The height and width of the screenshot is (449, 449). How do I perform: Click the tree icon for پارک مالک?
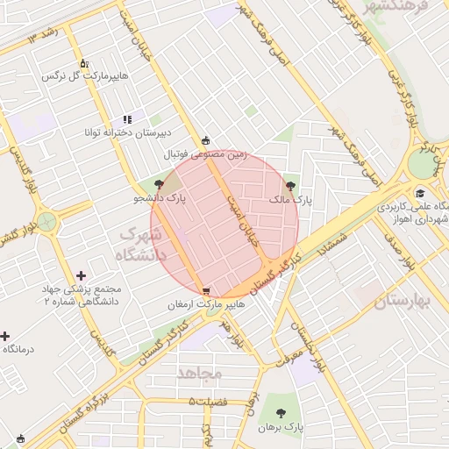pyautogui.click(x=291, y=186)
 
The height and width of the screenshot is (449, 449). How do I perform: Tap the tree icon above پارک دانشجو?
pyautogui.click(x=159, y=184)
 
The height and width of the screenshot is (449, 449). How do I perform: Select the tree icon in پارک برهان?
pyautogui.click(x=281, y=412)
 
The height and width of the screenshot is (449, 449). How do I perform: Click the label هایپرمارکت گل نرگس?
pyautogui.click(x=86, y=76)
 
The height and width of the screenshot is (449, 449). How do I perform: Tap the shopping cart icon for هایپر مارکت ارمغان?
pyautogui.click(x=206, y=291)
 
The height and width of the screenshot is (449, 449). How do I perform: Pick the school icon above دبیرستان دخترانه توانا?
pyautogui.click(x=127, y=118)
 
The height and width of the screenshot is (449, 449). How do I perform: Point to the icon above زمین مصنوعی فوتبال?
pyautogui.click(x=206, y=139)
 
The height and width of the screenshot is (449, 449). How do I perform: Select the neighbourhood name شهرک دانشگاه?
pyautogui.click(x=140, y=245)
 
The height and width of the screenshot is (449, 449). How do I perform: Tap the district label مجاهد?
pyautogui.click(x=200, y=373)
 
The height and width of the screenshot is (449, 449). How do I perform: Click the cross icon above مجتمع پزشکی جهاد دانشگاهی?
pyautogui.click(x=82, y=275)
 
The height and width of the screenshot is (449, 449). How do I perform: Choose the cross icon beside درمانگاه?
pyautogui.click(x=4, y=336)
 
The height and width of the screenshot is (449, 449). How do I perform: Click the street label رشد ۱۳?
pyautogui.click(x=43, y=36)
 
